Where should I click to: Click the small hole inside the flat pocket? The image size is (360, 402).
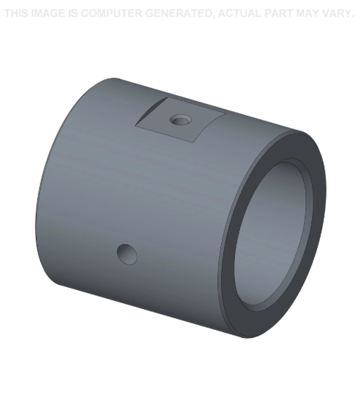179,118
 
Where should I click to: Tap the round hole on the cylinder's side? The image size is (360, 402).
127,253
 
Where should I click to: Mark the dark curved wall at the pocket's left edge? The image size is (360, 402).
149,113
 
